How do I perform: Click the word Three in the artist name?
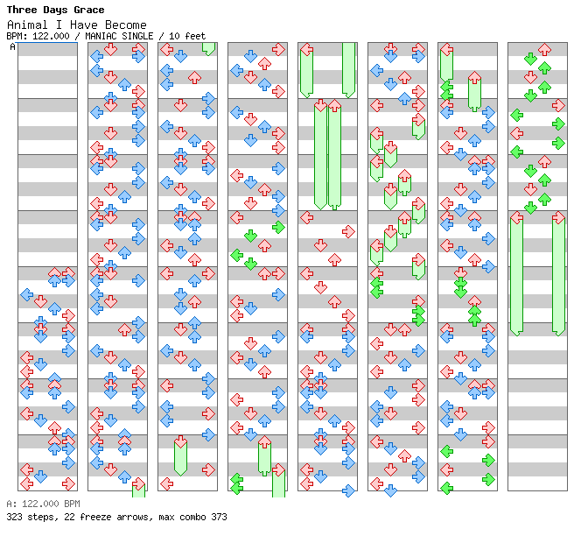(22, 10)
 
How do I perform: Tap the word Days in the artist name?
(56, 10)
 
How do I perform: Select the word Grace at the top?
(89, 10)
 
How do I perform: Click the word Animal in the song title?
(27, 25)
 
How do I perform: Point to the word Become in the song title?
(126, 25)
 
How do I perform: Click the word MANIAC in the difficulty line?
(101, 36)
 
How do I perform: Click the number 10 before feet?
(174, 36)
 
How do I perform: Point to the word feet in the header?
(195, 36)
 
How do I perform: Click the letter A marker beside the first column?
(12, 47)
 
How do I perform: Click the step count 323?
(14, 517)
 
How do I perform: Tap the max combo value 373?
(219, 517)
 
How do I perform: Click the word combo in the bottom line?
(192, 517)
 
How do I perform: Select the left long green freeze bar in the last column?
(517, 277)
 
